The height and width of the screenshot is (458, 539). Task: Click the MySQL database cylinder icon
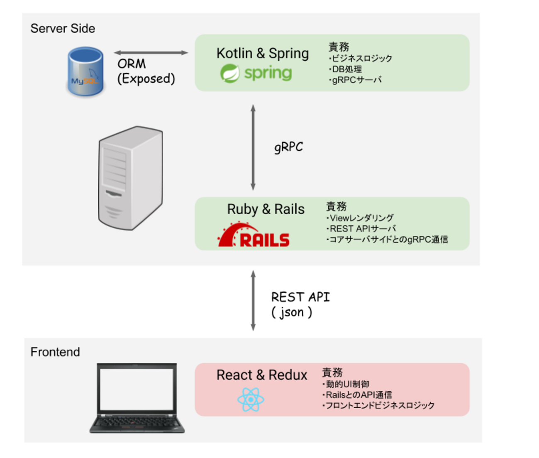click(x=85, y=71)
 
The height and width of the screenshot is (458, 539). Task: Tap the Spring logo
click(x=256, y=73)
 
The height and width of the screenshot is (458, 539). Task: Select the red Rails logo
click(x=254, y=235)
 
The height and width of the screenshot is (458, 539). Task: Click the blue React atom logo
click(x=251, y=399)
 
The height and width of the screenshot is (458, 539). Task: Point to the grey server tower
click(x=130, y=178)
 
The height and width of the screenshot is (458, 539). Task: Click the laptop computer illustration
click(x=137, y=398)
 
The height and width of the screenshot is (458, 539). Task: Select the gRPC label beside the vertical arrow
click(x=288, y=147)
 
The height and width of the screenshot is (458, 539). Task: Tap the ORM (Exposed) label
click(x=146, y=71)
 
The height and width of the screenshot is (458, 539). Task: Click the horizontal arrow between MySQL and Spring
click(x=151, y=53)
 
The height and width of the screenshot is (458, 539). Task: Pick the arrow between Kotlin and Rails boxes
click(x=253, y=147)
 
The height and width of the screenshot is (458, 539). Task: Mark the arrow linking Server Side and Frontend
click(x=253, y=301)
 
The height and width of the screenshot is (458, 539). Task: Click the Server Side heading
click(x=63, y=28)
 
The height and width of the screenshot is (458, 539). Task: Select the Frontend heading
click(x=55, y=352)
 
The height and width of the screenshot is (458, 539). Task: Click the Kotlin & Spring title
click(x=263, y=53)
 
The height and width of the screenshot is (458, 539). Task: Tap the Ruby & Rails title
click(x=266, y=209)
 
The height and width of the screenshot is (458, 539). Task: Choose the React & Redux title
click(x=262, y=375)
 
